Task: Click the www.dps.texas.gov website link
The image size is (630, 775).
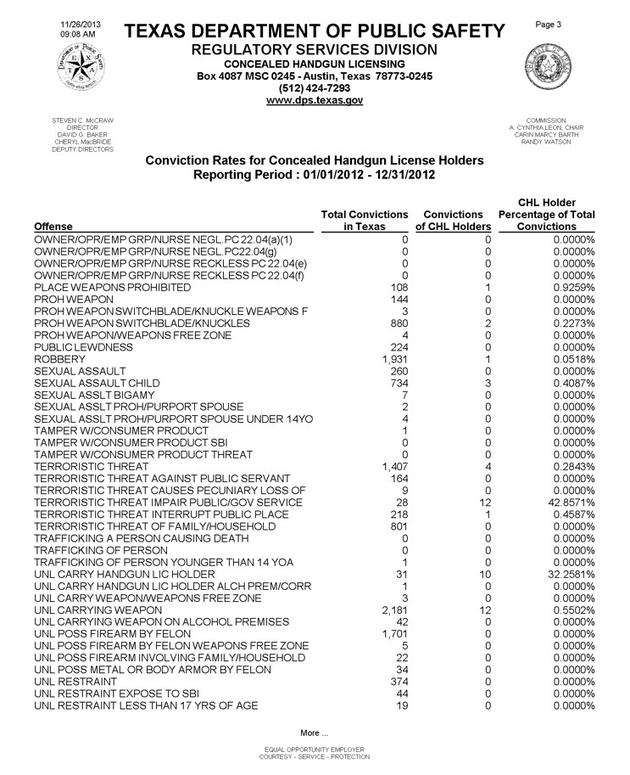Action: [x=315, y=100]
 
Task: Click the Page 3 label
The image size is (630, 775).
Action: [x=550, y=26]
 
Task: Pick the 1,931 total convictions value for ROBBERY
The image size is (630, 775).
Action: [x=396, y=359]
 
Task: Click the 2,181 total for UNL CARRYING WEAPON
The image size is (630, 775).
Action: [x=396, y=610]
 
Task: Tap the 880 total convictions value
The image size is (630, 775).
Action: [x=399, y=323]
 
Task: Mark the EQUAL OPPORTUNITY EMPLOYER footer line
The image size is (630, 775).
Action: [x=315, y=750]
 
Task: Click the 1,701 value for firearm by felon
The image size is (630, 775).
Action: [x=396, y=634]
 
